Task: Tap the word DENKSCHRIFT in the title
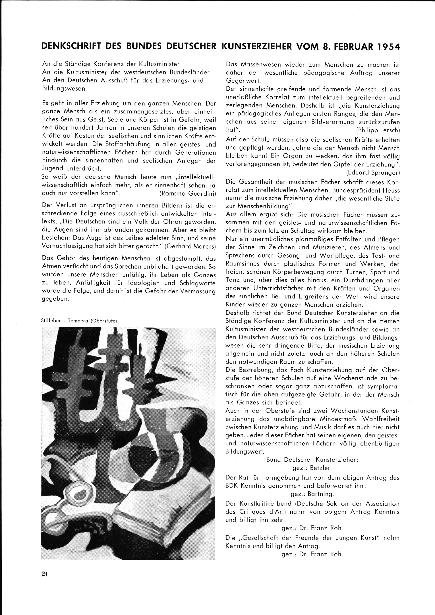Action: pyautogui.click(x=71, y=47)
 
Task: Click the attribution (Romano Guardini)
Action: pyautogui.click(x=188, y=193)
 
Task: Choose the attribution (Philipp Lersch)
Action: pyautogui.click(x=378, y=130)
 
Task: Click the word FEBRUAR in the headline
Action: pyautogui.click(x=351, y=47)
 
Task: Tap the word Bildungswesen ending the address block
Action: pyautogui.click(x=63, y=89)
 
